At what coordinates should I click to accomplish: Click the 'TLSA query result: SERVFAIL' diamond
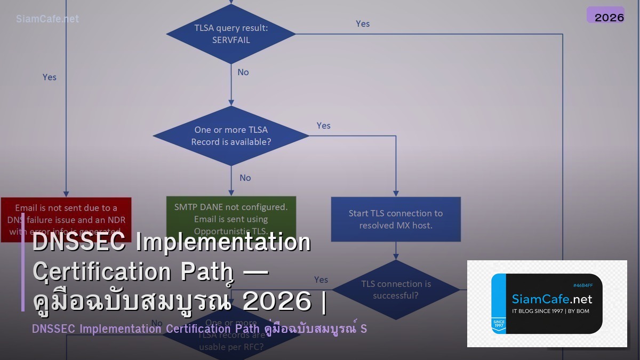(231, 34)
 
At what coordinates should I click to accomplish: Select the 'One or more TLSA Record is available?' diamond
(231, 135)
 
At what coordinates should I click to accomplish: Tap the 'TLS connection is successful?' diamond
(395, 290)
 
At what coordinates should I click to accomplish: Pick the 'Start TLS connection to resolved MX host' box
(395, 219)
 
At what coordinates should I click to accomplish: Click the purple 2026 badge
(605, 15)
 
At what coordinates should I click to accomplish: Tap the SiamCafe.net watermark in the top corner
(47, 19)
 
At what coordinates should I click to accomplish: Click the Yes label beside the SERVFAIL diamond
(363, 23)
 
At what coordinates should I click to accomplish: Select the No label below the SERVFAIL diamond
(243, 72)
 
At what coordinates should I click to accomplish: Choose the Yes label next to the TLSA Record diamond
(324, 125)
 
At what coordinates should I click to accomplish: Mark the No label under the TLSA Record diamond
(245, 178)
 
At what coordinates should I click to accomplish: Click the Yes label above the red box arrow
(50, 77)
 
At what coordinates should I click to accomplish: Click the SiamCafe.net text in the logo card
(552, 299)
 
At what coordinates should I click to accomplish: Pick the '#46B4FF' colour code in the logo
(582, 285)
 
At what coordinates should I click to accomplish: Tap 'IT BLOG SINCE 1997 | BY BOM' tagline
(550, 311)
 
